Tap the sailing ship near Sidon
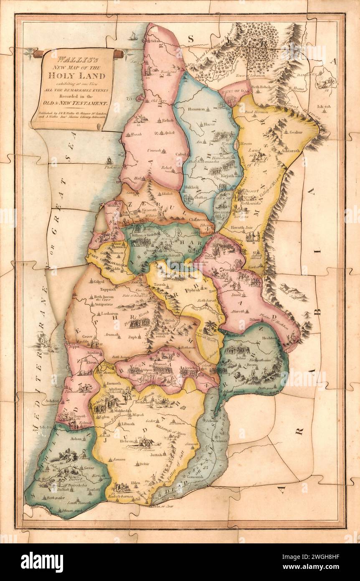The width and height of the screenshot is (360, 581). [133, 37]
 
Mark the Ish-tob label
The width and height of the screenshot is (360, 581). [324, 107]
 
